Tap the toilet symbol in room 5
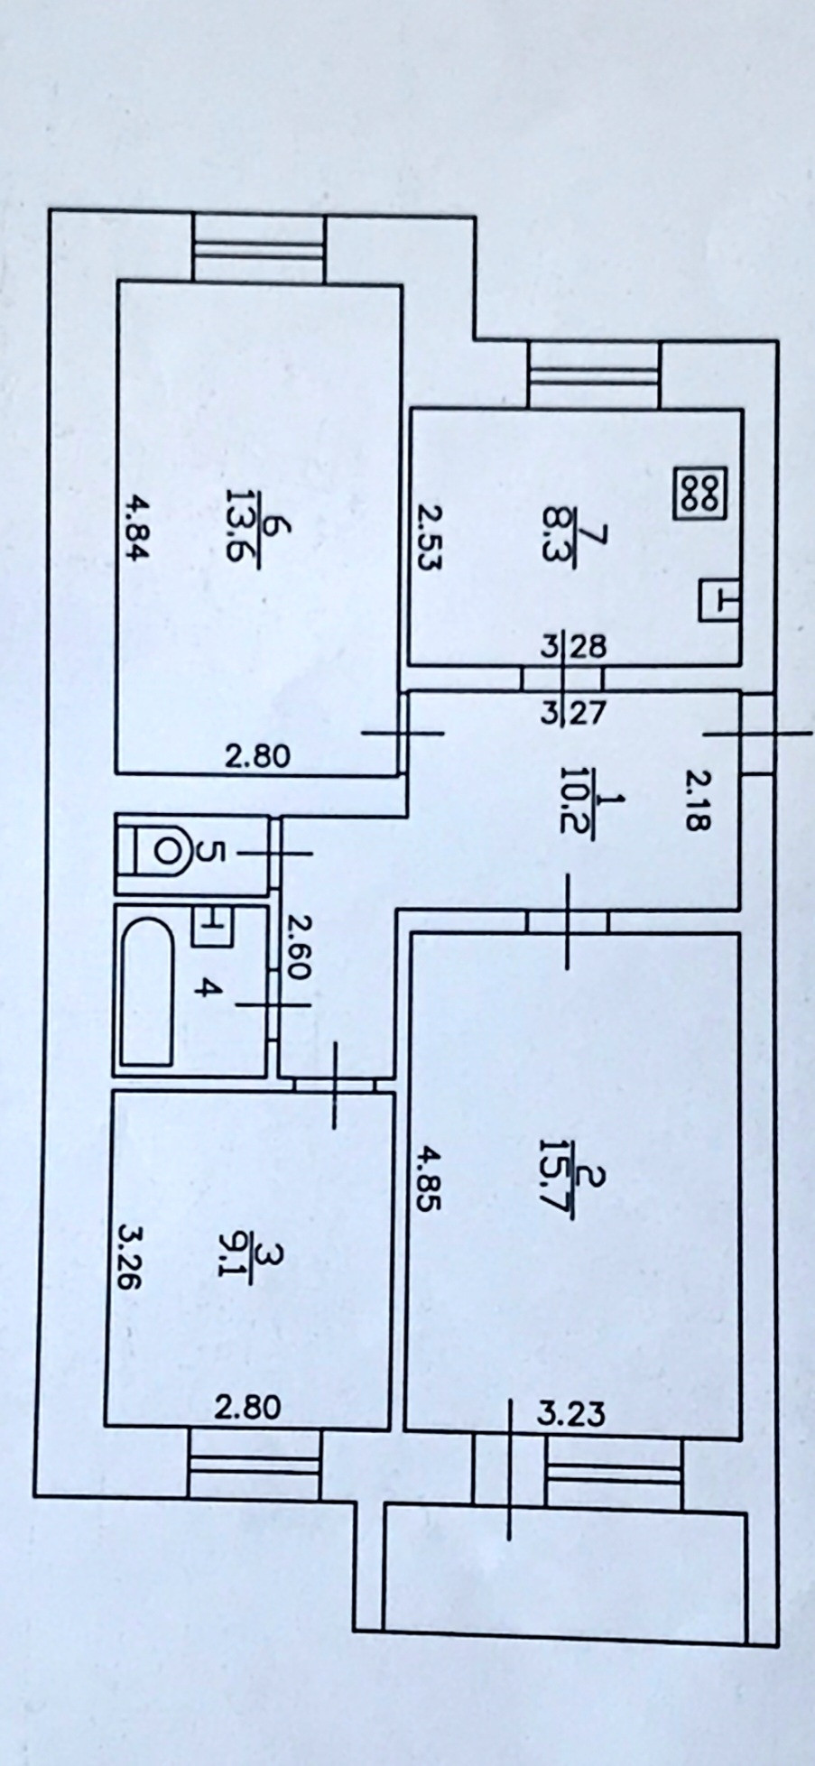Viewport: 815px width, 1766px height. click(162, 849)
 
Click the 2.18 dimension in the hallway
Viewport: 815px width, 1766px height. click(698, 797)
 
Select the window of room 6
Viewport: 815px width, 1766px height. click(259, 247)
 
